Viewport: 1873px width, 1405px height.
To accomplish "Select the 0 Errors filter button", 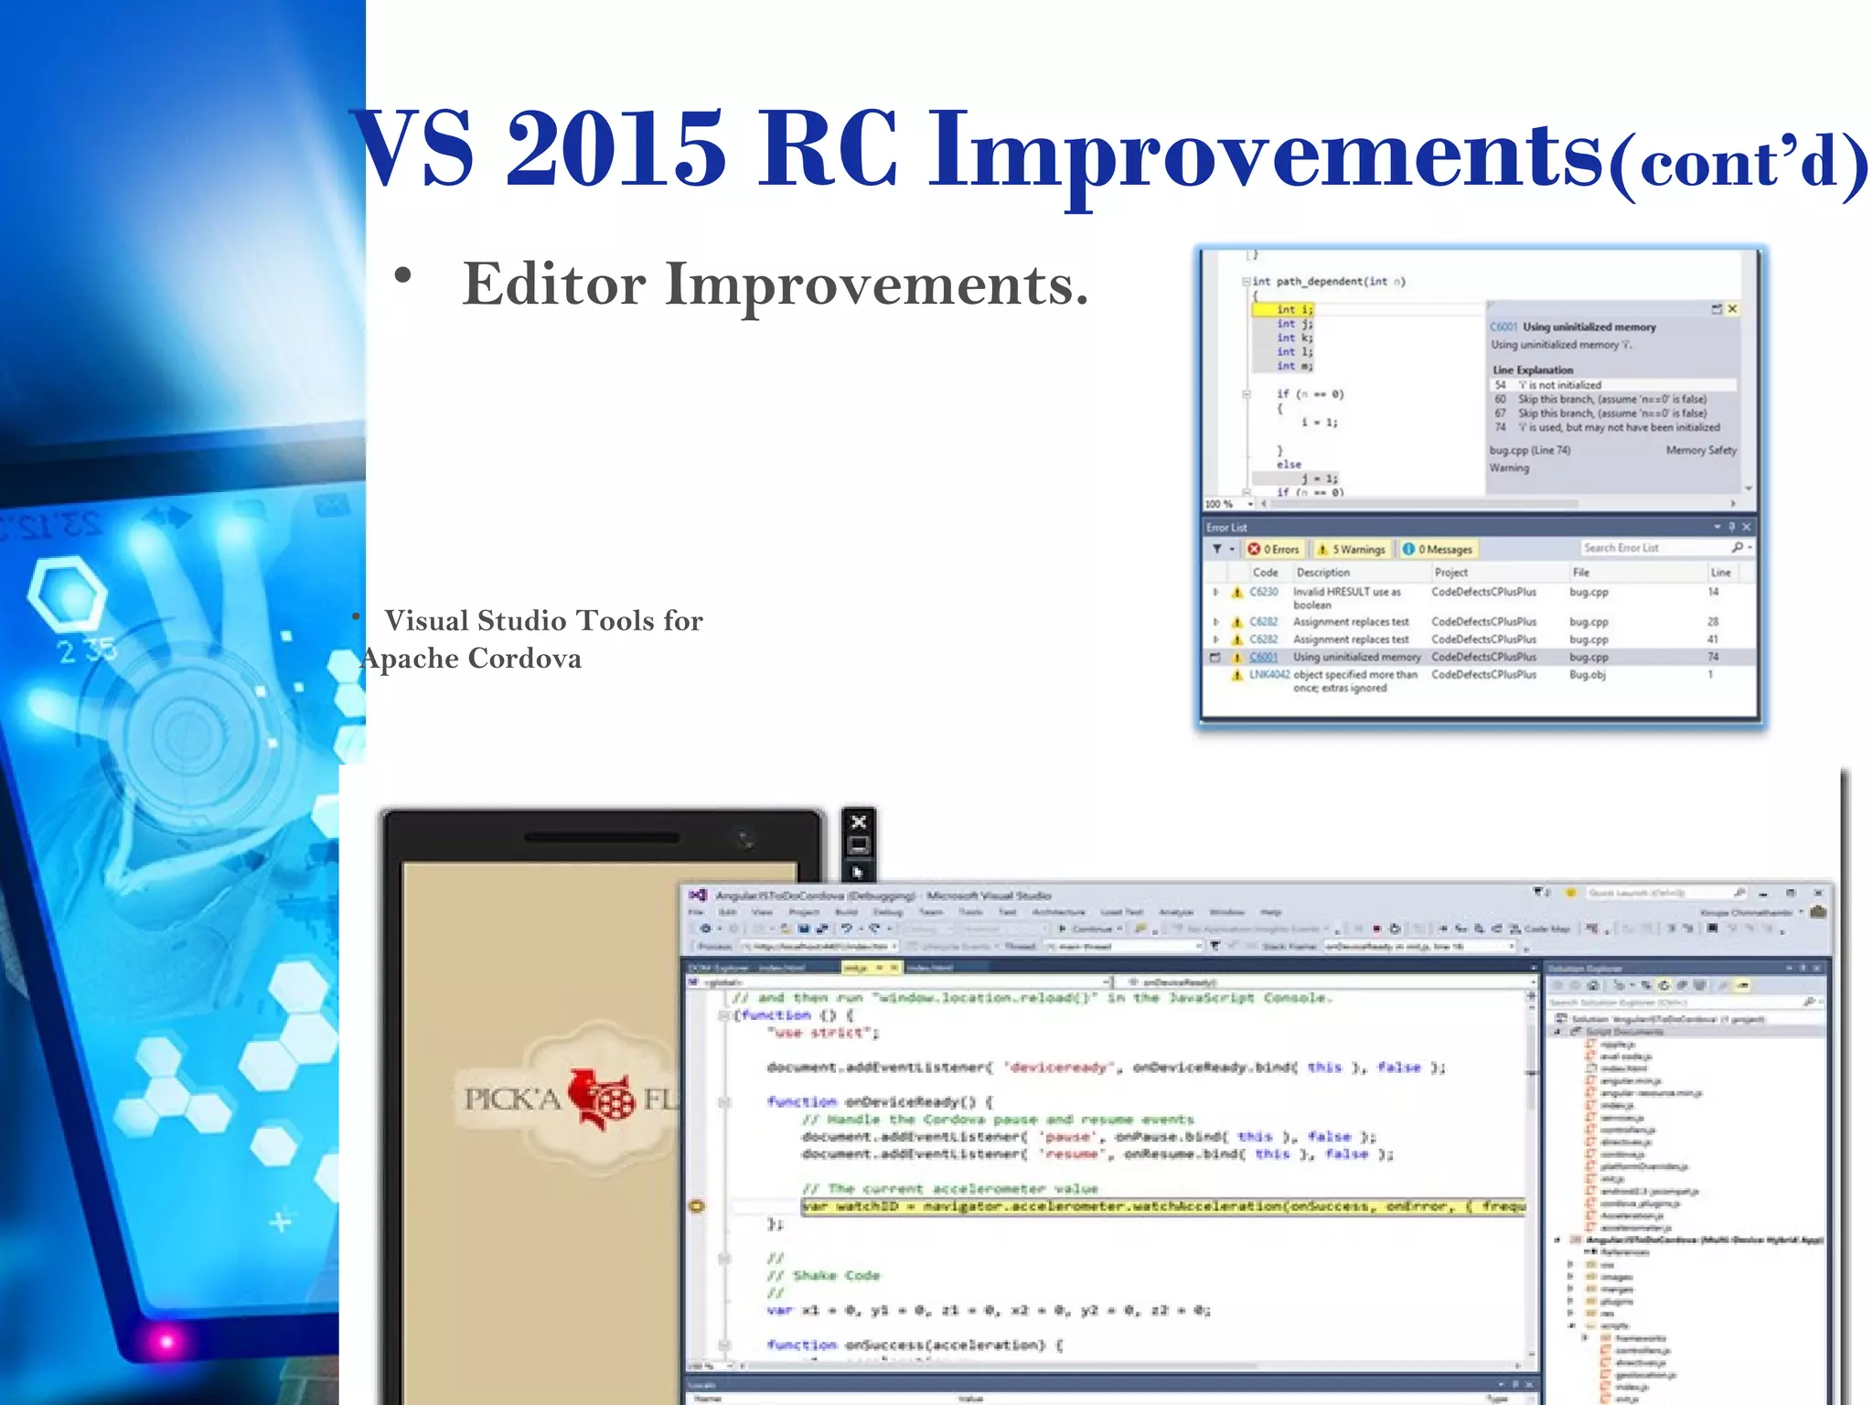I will tap(1274, 549).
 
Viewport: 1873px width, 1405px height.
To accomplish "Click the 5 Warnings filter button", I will tap(1351, 549).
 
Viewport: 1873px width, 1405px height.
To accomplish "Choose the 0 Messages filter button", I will tap(1438, 549).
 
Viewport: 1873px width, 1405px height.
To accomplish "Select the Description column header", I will tap(1322, 573).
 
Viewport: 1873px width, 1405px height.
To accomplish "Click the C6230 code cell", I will tap(1263, 592).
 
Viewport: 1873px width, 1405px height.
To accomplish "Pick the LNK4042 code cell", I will tap(1268, 675).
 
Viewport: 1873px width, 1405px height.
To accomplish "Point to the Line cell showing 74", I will tap(1712, 657).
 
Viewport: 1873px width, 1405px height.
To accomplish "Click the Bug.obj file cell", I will tap(1587, 675).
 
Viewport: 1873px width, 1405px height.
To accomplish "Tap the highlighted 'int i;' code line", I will tap(1293, 310).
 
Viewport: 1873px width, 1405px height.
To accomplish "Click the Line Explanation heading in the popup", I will tap(1533, 370).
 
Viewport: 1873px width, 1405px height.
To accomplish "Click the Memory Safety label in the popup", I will tap(1700, 450).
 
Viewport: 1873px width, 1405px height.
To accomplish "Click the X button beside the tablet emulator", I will tap(859, 821).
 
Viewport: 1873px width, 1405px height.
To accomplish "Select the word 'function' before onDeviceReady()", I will tap(801, 1102).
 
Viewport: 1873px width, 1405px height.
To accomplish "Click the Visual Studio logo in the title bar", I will tap(698, 896).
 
